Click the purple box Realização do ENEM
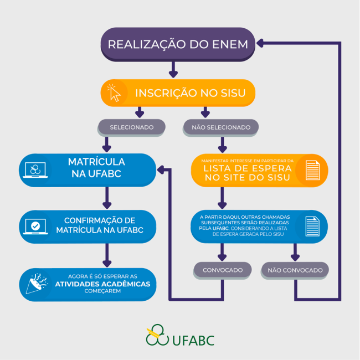pos(178,44)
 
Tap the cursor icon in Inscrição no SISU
pos(114,92)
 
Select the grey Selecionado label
pos(131,127)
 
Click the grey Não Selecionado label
pos(221,127)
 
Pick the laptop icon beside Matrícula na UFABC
pos(35,169)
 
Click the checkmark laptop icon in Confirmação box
pos(35,226)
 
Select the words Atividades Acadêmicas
pos(102,284)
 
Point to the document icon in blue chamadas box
pos(312,226)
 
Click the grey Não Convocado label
pos(295,270)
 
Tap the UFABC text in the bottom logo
pos(193,339)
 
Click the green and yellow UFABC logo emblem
pos(157,335)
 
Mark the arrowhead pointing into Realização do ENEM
pos(261,43)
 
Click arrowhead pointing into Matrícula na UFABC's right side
pos(161,169)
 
